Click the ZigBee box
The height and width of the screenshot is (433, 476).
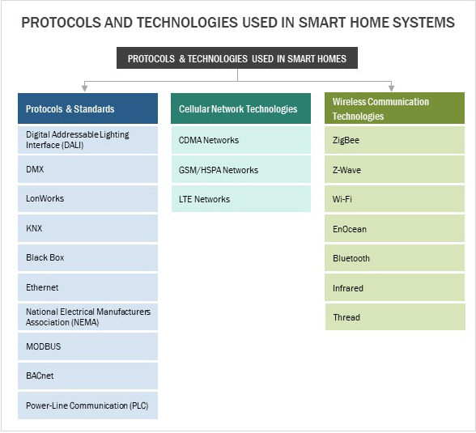click(394, 140)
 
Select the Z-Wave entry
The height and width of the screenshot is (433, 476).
click(394, 169)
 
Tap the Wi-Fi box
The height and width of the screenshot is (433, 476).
click(394, 199)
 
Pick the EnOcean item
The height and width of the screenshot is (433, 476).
click(394, 228)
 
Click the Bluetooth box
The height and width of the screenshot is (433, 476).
click(394, 258)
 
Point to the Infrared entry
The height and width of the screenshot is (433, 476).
click(394, 287)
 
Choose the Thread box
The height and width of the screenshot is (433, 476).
click(395, 316)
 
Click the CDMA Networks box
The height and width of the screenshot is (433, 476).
click(241, 140)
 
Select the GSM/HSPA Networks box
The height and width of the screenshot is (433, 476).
click(241, 169)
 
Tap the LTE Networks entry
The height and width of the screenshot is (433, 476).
click(241, 199)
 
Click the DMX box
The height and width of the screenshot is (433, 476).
click(87, 169)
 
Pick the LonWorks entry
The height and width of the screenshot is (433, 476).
click(87, 199)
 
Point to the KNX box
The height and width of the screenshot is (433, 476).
click(87, 228)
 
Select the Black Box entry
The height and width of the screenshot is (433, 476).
click(87, 258)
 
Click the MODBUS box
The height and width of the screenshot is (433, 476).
click(87, 346)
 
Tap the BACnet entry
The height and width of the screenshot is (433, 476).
click(87, 376)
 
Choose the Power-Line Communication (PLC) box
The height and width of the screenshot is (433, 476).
click(87, 405)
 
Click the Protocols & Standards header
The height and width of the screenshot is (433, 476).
click(87, 108)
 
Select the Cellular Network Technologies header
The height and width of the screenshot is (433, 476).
click(240, 108)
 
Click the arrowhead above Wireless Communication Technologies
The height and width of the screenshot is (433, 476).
click(392, 88)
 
